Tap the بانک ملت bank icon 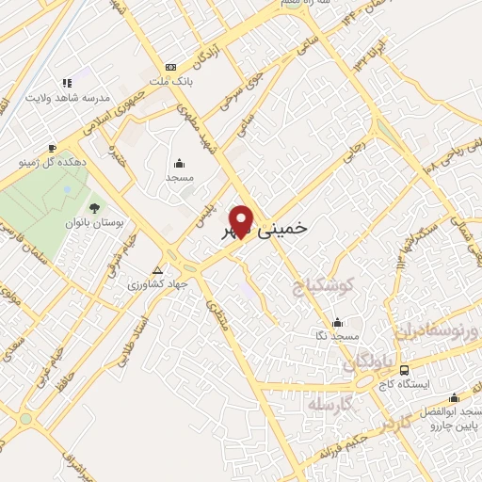[x=170, y=67]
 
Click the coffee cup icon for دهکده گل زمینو [x=52, y=148]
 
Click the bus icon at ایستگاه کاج [x=404, y=369]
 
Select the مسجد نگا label [x=338, y=336]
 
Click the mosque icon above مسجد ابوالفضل [x=455, y=396]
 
